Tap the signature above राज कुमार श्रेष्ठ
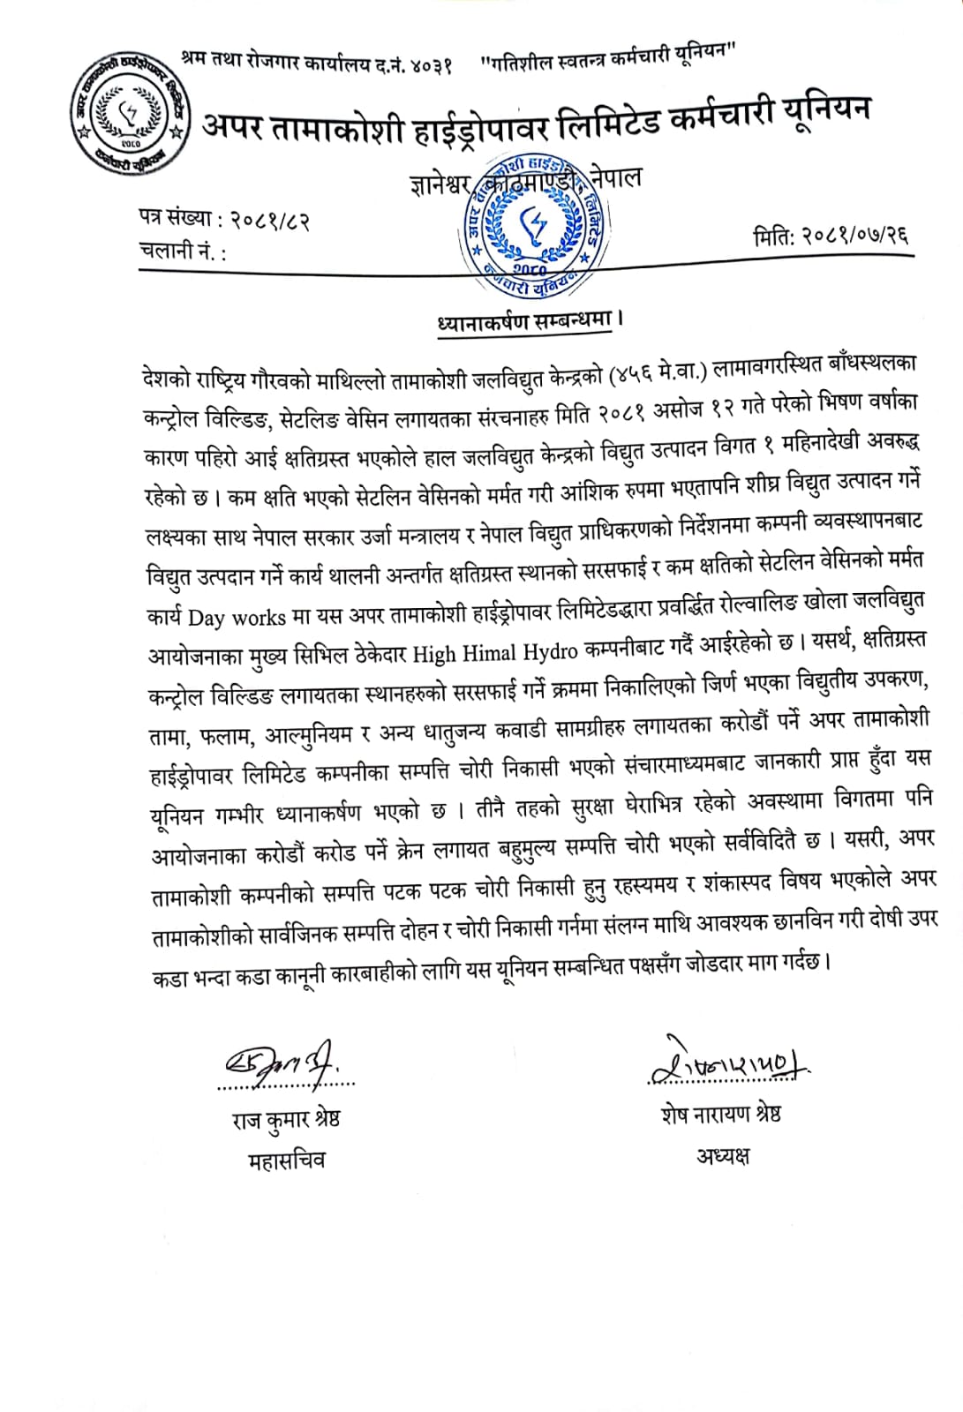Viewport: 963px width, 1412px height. tap(284, 1063)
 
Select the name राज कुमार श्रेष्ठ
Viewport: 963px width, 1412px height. tap(285, 1119)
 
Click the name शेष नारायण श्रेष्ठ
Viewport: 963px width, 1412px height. tap(720, 1114)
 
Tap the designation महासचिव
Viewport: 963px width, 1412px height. tap(286, 1160)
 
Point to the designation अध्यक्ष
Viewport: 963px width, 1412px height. tap(722, 1155)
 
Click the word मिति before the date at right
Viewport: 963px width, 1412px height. tap(774, 237)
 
